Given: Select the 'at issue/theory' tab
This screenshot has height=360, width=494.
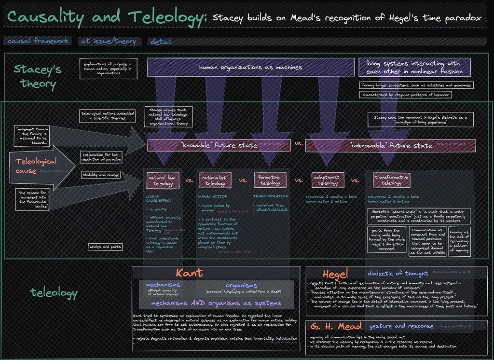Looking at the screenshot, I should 110,42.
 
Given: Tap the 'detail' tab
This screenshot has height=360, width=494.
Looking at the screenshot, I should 161,42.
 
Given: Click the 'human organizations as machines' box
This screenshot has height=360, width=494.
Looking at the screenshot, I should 250,68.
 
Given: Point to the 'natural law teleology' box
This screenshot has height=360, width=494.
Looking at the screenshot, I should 163,180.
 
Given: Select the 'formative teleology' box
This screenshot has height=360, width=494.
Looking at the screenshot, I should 270,180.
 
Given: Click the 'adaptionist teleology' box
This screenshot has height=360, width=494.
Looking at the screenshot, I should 328,180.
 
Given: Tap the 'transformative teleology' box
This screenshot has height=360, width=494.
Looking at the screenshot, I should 391,180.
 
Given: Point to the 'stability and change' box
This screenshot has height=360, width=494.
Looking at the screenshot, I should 101,175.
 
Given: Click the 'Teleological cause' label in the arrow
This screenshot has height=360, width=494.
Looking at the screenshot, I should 36,166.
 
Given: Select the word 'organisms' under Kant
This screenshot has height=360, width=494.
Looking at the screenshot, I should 241,285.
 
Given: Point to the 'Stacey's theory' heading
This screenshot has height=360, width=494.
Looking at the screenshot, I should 38,77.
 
